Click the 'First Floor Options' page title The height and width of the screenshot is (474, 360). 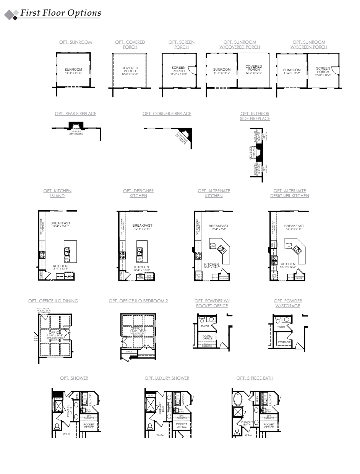click(60, 13)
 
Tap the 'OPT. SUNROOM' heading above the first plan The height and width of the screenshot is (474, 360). click(76, 42)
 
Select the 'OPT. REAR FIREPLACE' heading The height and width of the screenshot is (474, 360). click(76, 114)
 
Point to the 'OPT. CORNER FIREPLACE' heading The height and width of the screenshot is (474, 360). click(167, 114)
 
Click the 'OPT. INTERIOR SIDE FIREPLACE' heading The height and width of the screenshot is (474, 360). click(255, 116)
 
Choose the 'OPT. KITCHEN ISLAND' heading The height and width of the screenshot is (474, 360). click(57, 193)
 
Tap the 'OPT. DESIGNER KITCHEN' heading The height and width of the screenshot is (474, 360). click(138, 193)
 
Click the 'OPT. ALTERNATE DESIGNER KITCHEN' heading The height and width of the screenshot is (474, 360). click(290, 193)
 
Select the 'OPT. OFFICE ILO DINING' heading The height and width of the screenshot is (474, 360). click(53, 301)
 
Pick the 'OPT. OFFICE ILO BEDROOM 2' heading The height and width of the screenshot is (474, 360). click(138, 301)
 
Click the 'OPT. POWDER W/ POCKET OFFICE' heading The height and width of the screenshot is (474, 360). click(211, 303)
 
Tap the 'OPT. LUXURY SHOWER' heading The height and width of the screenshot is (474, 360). click(167, 378)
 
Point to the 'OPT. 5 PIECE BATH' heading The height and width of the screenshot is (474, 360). click(255, 378)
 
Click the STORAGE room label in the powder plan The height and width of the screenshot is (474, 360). click(284, 342)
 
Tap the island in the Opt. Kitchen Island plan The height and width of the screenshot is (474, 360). click(70, 252)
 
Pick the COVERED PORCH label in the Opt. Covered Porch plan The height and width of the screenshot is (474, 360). click(130, 69)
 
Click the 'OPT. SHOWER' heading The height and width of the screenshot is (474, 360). click(74, 378)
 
